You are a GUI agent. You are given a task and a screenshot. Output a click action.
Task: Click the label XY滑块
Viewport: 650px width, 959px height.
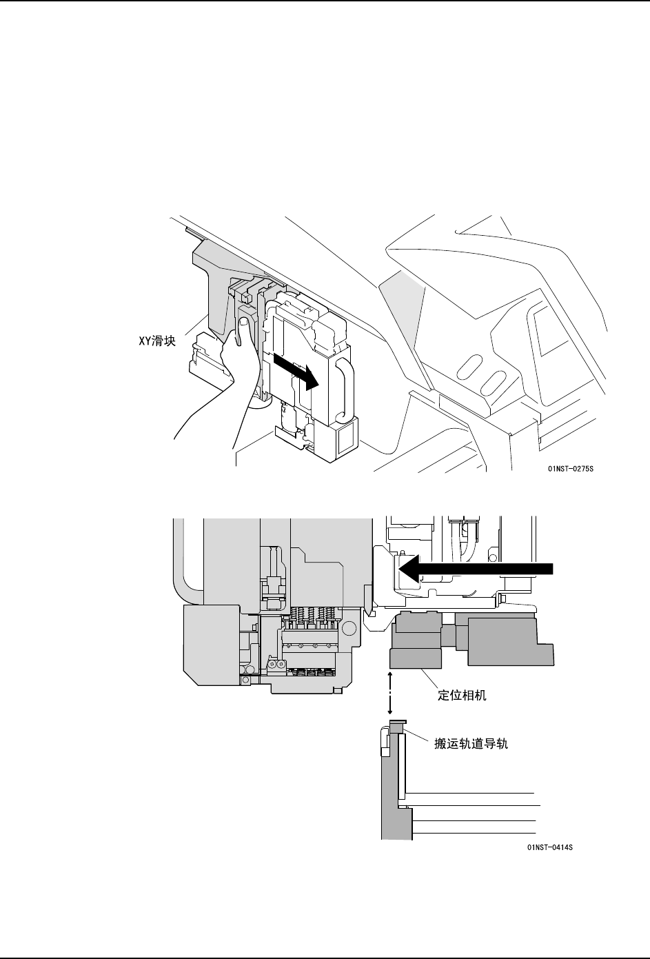(155, 341)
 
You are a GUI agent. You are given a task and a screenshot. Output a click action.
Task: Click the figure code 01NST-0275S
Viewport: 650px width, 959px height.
(571, 469)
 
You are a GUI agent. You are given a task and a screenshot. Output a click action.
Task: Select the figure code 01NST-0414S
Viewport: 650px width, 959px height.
(549, 847)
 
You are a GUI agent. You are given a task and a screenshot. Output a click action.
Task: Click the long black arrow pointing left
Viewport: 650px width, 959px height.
(476, 568)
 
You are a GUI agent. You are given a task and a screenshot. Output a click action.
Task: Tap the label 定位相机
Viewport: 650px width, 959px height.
(463, 695)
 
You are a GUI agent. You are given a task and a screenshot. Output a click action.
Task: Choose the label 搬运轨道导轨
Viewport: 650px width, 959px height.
(471, 744)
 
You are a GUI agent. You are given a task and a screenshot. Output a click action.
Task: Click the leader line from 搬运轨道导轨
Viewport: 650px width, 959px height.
(418, 738)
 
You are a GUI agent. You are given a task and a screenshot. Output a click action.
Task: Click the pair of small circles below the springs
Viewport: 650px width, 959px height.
(276, 663)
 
